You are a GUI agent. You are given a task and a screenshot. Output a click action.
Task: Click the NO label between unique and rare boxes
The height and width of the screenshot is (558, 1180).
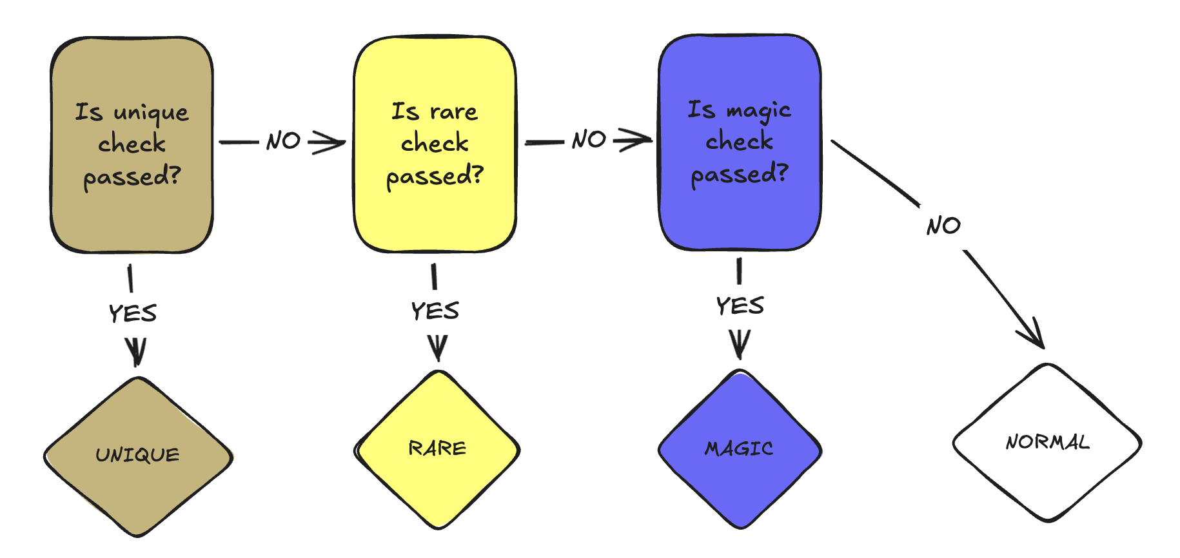click(x=284, y=140)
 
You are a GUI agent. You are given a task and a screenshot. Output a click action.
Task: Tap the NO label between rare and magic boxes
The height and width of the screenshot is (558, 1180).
click(x=589, y=139)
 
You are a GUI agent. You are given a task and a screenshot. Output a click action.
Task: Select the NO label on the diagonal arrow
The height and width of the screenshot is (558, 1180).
click(x=943, y=226)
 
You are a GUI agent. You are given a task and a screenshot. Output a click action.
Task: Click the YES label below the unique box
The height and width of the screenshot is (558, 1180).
click(x=133, y=314)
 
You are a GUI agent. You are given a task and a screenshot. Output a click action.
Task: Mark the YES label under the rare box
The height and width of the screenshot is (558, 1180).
click(x=435, y=311)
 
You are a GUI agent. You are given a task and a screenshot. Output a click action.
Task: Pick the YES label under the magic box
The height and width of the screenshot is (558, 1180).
click(x=740, y=306)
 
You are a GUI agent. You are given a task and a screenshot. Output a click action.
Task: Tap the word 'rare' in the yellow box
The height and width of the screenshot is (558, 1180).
click(x=454, y=113)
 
